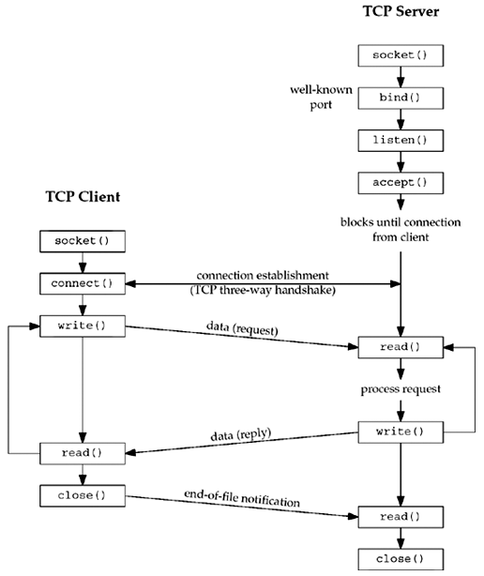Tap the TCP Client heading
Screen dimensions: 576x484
pos(83,198)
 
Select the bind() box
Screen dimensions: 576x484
pos(401,97)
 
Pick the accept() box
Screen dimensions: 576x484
pos(401,181)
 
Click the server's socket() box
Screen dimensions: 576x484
pos(401,54)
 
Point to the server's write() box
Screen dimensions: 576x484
pos(401,432)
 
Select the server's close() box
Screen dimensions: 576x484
pos(401,559)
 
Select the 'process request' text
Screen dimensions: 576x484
pos(401,388)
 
